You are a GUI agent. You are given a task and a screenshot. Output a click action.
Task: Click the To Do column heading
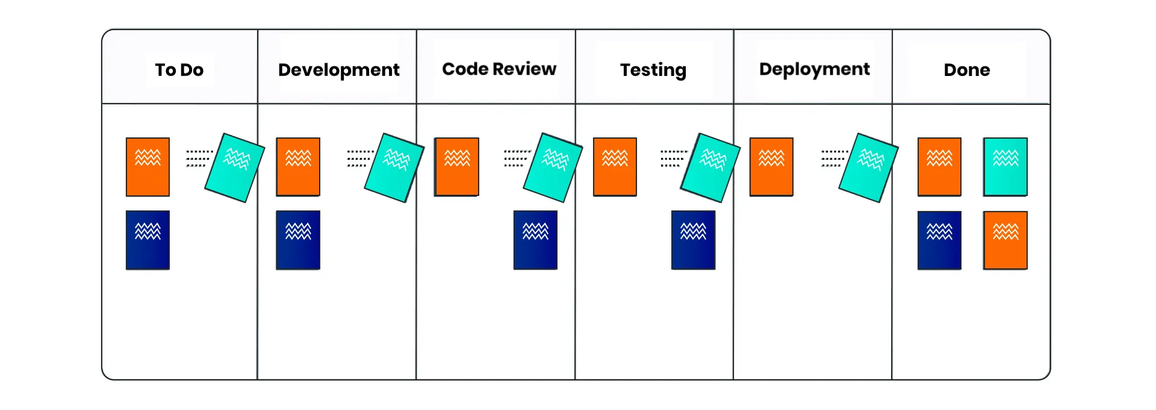[x=179, y=70]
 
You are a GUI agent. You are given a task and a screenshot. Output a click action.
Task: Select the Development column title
[x=339, y=71]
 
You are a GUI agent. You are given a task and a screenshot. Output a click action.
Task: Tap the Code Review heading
[x=499, y=69]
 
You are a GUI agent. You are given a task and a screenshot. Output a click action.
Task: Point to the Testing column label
[x=653, y=71]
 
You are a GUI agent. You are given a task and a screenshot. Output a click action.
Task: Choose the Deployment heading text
[x=815, y=70]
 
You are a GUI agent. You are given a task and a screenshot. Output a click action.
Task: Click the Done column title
[x=967, y=70]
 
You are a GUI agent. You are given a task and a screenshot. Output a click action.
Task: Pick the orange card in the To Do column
[x=148, y=167]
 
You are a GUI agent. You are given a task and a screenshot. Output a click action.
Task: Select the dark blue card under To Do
[x=148, y=240]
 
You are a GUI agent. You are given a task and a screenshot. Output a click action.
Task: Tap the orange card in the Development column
[x=298, y=167]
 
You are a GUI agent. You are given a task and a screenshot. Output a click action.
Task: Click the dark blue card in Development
[x=298, y=240]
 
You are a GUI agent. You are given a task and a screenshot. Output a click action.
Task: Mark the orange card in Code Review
[x=457, y=167]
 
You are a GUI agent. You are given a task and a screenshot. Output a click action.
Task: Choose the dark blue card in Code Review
[x=535, y=240]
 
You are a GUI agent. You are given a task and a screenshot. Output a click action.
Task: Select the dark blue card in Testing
[x=694, y=240]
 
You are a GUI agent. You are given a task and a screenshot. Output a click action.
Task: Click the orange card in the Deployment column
[x=771, y=167]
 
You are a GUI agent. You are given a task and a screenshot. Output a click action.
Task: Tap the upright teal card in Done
[x=1005, y=167]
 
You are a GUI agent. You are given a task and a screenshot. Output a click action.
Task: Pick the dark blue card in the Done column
[x=939, y=240]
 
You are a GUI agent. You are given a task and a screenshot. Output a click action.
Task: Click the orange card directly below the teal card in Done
[x=1005, y=240]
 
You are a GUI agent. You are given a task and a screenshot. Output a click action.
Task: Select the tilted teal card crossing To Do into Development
[x=235, y=168]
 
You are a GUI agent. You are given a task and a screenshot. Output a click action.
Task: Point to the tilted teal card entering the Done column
[x=868, y=168]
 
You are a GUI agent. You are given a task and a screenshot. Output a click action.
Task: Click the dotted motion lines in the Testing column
[x=674, y=159]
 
